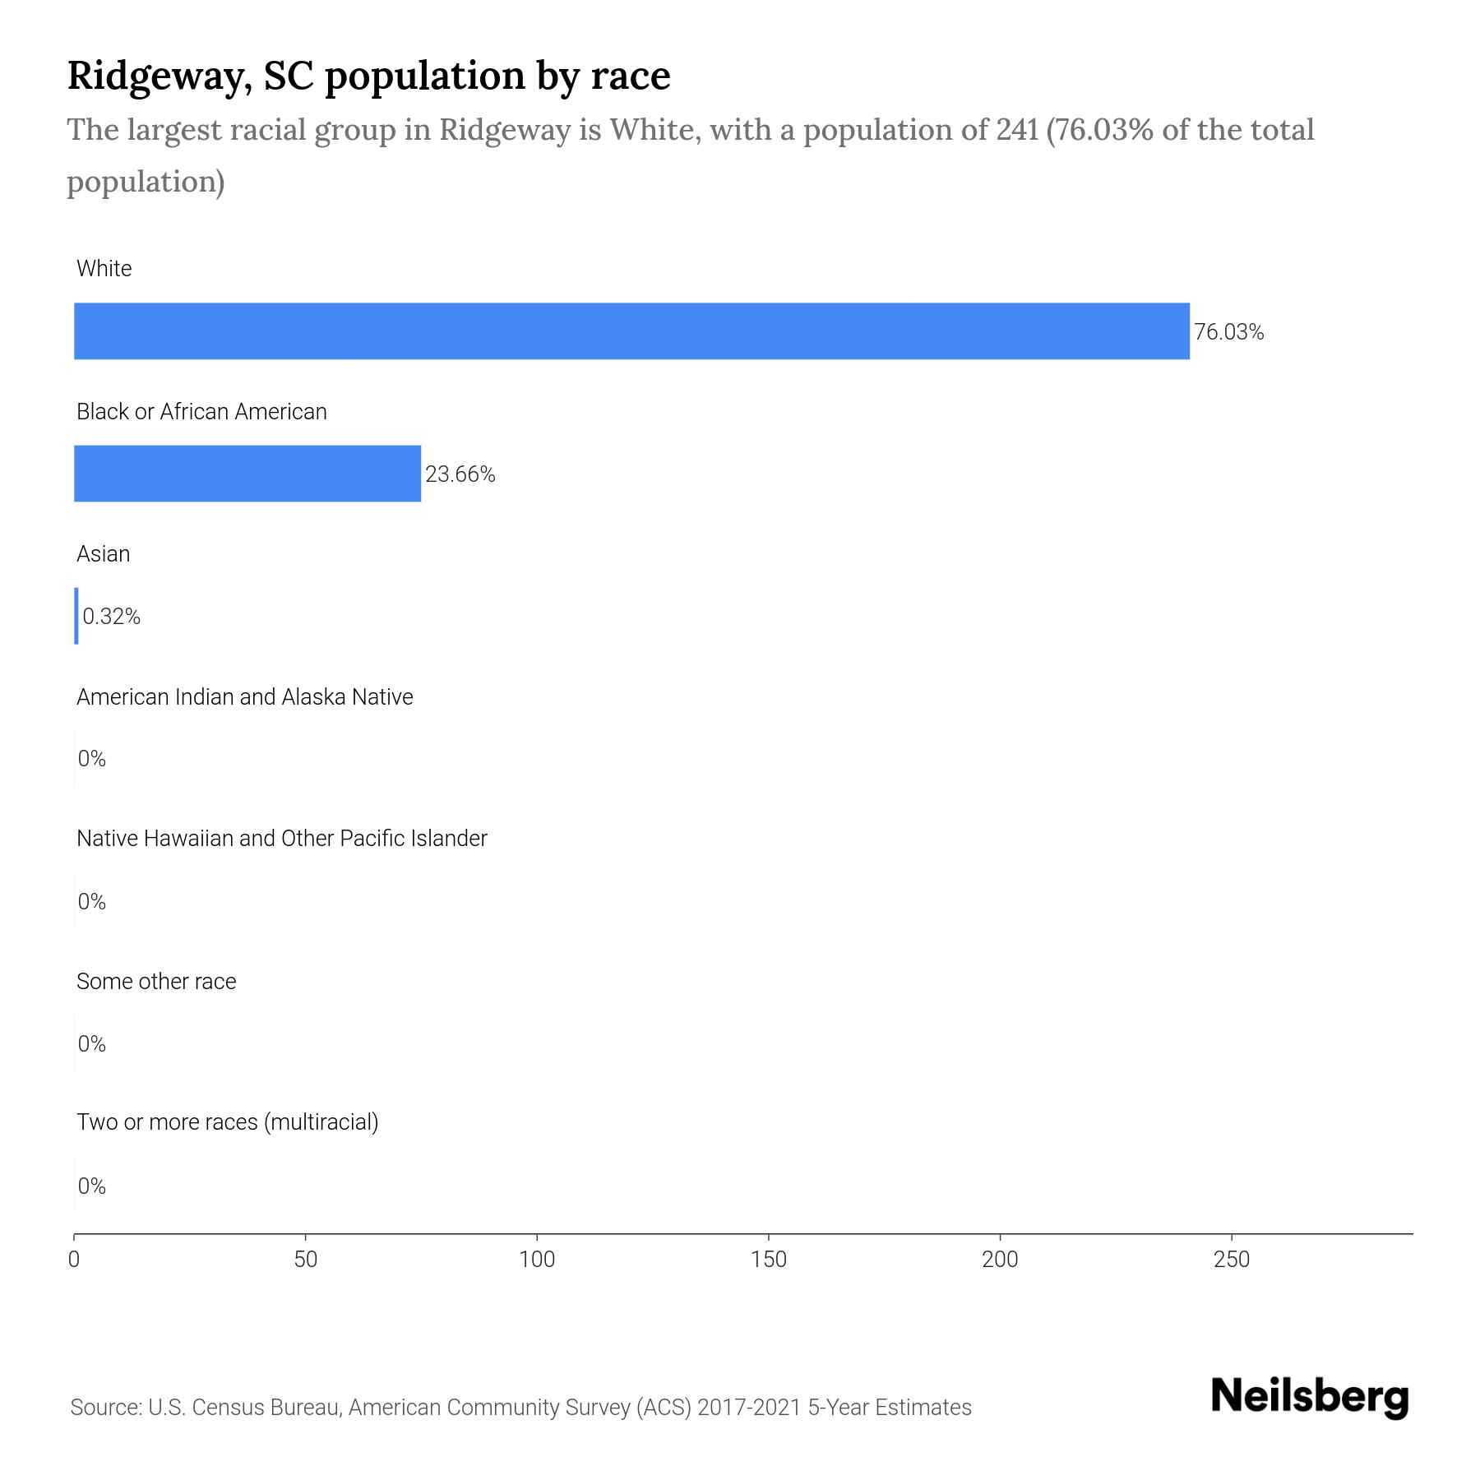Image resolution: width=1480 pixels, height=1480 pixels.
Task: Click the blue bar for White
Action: coord(631,331)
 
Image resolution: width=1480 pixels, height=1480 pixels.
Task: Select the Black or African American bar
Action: coord(247,474)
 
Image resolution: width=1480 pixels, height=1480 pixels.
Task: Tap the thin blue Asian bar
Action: coord(76,616)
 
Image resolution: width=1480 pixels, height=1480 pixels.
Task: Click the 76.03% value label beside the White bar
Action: coord(1228,332)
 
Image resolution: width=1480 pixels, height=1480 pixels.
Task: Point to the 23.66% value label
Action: coord(460,474)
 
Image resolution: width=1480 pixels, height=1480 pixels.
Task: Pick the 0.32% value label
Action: coord(112,617)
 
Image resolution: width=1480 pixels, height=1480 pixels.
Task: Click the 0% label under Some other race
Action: coord(92,1044)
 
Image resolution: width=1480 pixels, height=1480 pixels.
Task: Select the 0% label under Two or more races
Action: coord(92,1186)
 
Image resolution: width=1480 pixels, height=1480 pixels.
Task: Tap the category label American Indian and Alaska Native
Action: coord(244,697)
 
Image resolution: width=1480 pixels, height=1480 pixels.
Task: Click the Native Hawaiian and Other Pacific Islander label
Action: coord(281,839)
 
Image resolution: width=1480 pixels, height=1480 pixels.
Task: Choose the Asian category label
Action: coord(103,554)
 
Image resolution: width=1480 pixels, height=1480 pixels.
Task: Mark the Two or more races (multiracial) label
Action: coord(227,1122)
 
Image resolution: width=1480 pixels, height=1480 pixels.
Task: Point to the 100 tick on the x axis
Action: coord(538,1260)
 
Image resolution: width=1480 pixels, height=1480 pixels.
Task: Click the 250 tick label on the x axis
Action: coord(1231,1260)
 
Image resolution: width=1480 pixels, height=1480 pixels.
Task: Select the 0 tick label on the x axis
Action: coord(74,1260)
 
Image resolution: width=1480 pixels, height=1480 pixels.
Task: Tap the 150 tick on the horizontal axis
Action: coord(769,1260)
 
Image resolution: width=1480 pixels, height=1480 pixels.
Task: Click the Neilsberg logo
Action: coord(1310,1397)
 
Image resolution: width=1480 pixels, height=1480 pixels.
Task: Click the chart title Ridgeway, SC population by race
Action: coord(368,76)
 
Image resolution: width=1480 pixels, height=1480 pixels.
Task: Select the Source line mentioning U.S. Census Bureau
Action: coord(520,1408)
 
